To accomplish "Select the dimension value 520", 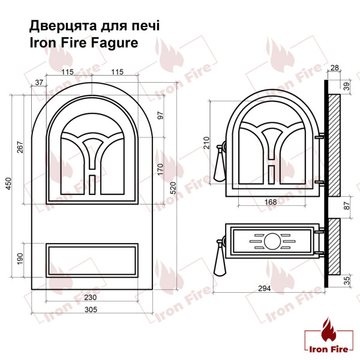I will pos(173,188).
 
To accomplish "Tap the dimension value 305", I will pos(91,310).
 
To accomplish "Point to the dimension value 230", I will pos(91,298).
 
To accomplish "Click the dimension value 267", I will pos(20,149).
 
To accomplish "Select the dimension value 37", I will pos(40,82).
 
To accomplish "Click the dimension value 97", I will pos(160,115).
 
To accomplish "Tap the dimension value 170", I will pos(160,169).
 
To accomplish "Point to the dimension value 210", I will pos(206,142).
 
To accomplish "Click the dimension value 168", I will pos(271,202).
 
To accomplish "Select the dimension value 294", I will pos(265,288).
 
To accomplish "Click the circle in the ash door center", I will pos(272,241).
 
